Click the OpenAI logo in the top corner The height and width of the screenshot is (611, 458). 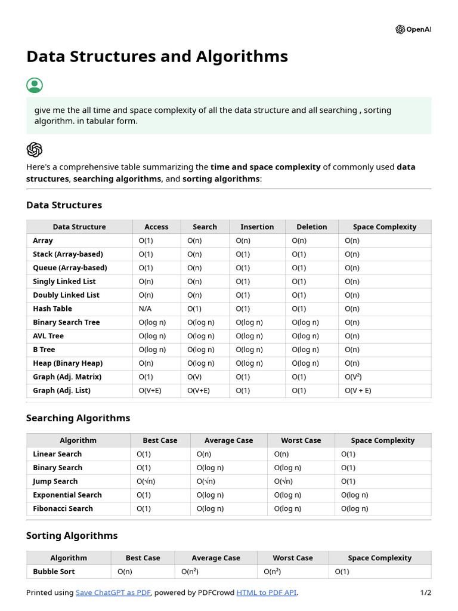(413, 29)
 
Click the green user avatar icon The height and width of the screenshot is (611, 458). (35, 85)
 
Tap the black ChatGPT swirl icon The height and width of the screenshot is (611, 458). (35, 149)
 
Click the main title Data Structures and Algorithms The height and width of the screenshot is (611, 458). (157, 57)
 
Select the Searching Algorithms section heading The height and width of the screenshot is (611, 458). (78, 418)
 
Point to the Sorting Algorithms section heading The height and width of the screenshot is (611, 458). (72, 536)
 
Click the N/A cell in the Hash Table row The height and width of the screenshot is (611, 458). (146, 308)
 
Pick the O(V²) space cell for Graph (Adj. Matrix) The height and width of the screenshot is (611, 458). (354, 377)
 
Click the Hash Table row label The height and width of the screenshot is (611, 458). (52, 308)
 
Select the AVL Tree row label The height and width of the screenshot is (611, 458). (48, 336)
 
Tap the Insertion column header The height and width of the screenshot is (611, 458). (257, 227)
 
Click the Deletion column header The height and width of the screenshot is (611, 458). (312, 227)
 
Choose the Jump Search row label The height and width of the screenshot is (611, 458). (55, 482)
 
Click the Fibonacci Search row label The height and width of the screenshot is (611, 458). (63, 508)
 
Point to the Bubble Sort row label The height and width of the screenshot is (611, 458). (54, 572)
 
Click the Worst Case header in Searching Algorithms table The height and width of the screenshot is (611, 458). (301, 440)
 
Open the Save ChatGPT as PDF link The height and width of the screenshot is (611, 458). (113, 593)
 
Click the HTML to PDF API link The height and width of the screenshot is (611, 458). (267, 593)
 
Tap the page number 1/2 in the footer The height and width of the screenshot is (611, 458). (425, 593)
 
